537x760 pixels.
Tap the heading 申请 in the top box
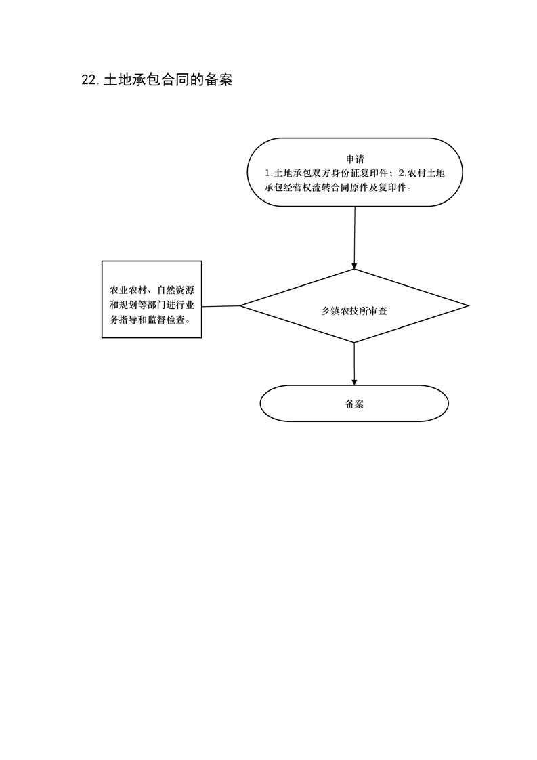[x=355, y=159]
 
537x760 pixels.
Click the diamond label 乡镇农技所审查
[x=354, y=311]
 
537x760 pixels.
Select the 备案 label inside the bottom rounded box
[x=354, y=404]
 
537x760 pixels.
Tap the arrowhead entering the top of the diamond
[x=354, y=266]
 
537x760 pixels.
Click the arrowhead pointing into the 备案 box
[x=354, y=382]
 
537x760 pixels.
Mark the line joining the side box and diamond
[x=221, y=306]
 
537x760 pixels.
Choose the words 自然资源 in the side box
[x=175, y=291]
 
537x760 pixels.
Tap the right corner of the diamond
[x=469, y=306]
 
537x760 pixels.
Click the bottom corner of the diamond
[x=354, y=343]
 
